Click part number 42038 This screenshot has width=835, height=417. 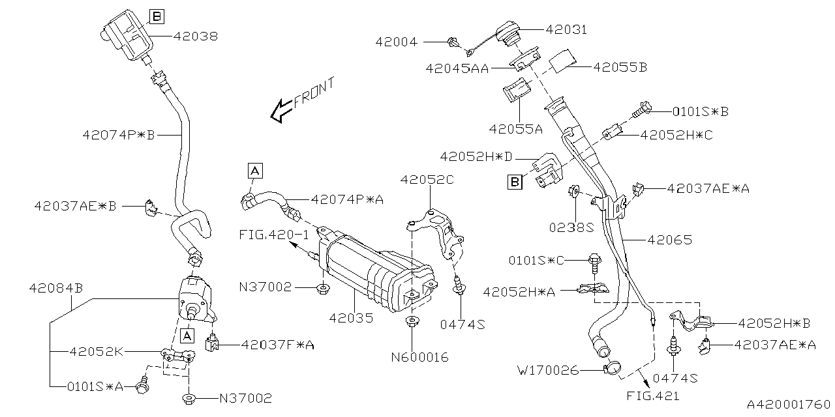coord(196,36)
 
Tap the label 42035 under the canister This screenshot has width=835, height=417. coord(352,319)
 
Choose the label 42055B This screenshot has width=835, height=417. coord(619,66)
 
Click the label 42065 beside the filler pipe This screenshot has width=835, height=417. coord(669,240)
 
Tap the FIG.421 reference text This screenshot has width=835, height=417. coord(654,395)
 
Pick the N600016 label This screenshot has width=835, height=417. coord(420,358)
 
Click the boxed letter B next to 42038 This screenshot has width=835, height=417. coord(157,16)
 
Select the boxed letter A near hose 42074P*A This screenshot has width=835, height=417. coord(254,171)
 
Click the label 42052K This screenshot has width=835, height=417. coord(96,352)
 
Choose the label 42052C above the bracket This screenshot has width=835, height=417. coord(427,180)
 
